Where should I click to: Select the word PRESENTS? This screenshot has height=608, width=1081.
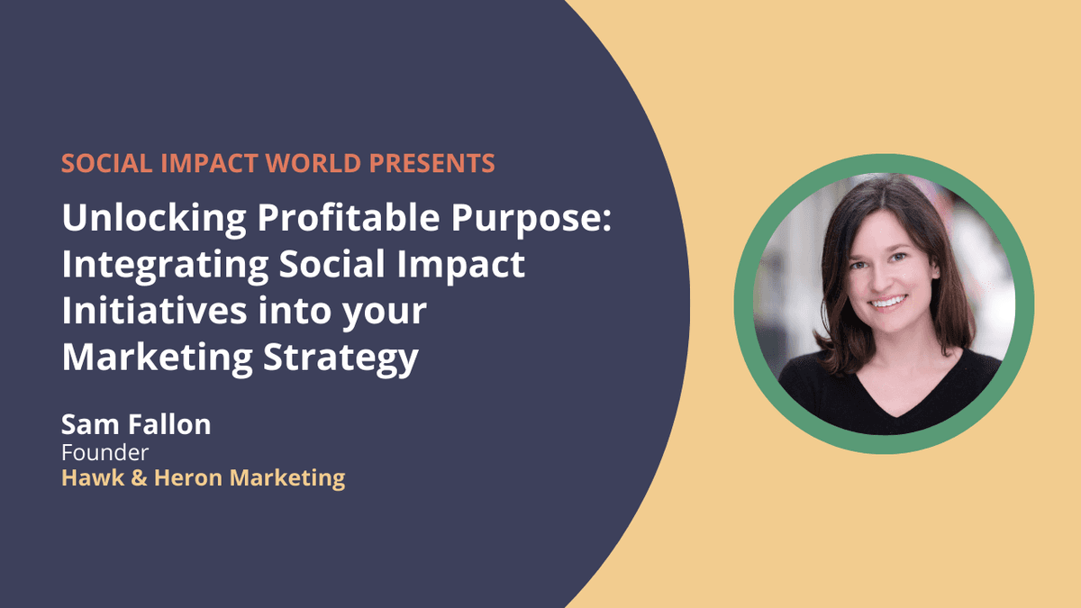(x=431, y=163)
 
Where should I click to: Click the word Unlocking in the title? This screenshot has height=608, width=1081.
(x=154, y=218)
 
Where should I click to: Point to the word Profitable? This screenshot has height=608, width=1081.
(x=349, y=217)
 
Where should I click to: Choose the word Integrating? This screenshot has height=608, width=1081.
(x=165, y=265)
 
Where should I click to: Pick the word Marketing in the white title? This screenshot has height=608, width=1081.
(x=158, y=358)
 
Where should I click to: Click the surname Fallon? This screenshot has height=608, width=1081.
(x=169, y=424)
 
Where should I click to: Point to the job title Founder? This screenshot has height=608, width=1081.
(x=104, y=452)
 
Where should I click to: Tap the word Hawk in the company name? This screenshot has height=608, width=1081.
(x=93, y=477)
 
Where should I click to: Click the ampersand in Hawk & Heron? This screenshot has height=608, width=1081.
(x=139, y=478)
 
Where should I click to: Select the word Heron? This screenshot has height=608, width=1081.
(x=188, y=477)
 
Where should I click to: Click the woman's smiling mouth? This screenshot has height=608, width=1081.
(x=888, y=303)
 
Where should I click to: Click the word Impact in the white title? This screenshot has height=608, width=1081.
(x=461, y=266)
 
